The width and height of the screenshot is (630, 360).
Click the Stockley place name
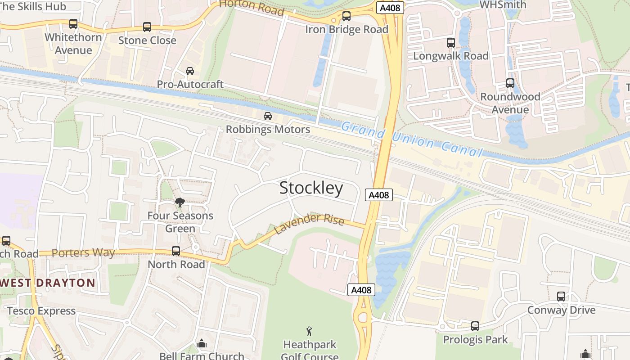pos(311,188)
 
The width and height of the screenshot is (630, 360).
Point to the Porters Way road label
pos(83,252)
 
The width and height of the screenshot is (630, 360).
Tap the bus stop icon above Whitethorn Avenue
pos(73,24)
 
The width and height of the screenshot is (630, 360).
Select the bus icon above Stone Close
pos(147,27)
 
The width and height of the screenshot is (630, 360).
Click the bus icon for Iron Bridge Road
pos(346,16)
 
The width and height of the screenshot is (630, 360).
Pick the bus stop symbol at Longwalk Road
pos(451,43)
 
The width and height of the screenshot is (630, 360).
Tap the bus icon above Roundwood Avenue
pos(510,83)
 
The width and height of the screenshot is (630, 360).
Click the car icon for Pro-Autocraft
pos(190,71)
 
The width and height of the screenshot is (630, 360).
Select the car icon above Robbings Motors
pos(268,116)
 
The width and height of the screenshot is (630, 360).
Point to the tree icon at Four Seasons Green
pos(180,202)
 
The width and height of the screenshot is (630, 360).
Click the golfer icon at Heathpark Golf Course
pos(309,332)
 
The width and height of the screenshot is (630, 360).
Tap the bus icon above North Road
pos(176,251)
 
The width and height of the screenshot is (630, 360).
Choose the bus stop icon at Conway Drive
pos(561,297)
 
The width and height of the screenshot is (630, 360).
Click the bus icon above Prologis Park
pos(475,326)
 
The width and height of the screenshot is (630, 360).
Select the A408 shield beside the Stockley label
pos(378,195)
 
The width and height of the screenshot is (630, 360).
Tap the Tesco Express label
pos(41,311)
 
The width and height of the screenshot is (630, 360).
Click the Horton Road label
pos(252,6)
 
